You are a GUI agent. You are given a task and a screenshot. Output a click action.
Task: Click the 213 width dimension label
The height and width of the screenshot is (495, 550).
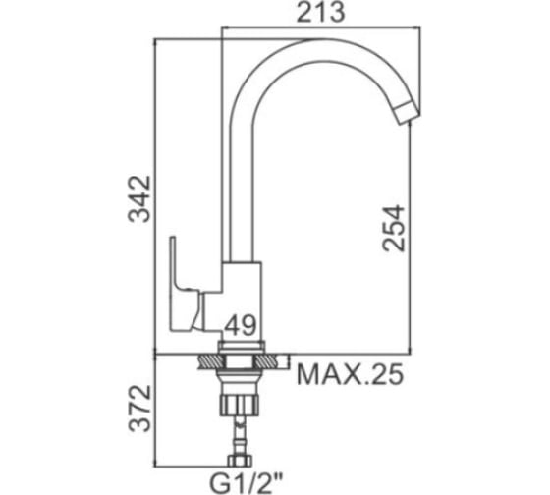pyautogui.click(x=320, y=13)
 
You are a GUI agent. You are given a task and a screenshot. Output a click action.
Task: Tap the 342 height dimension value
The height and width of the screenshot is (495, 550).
pyautogui.click(x=139, y=199)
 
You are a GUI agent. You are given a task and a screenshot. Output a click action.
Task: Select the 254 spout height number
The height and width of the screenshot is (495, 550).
pyautogui.click(x=394, y=229)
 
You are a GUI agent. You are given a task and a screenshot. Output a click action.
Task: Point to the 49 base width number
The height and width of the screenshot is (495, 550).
pyautogui.click(x=241, y=325)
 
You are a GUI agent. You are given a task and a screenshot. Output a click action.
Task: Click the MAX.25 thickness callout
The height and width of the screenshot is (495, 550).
pyautogui.click(x=350, y=374)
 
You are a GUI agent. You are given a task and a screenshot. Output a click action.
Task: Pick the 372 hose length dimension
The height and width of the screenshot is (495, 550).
pyautogui.click(x=139, y=408)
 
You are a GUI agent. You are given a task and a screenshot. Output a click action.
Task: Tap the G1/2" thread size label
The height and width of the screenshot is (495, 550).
pyautogui.click(x=246, y=482)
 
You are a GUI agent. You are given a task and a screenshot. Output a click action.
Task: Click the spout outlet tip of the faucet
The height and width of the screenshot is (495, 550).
pyautogui.click(x=407, y=112)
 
